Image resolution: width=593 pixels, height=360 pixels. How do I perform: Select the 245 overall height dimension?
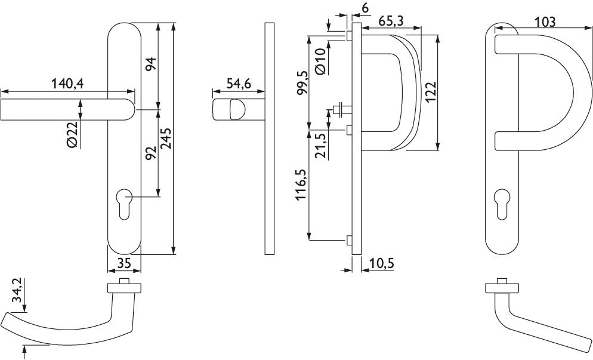click(x=166, y=139)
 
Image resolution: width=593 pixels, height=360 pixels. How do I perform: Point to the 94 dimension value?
click(x=150, y=64)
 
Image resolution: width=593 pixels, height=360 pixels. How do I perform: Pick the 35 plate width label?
click(x=123, y=263)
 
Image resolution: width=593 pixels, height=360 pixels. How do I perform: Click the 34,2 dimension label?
click(x=17, y=291)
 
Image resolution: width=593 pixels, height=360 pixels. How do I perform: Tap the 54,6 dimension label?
click(x=239, y=83)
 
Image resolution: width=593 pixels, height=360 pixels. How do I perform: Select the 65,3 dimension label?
click(x=390, y=21)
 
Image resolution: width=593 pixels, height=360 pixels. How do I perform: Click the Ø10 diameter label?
click(x=320, y=61)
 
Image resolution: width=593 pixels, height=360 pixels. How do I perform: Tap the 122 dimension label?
click(x=431, y=91)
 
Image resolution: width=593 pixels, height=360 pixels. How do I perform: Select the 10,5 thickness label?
click(x=381, y=263)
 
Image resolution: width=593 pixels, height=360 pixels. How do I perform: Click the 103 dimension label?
click(x=545, y=22)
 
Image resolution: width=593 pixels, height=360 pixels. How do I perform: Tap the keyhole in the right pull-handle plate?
click(x=502, y=204)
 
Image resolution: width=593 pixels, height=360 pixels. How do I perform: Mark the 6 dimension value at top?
click(x=365, y=8)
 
